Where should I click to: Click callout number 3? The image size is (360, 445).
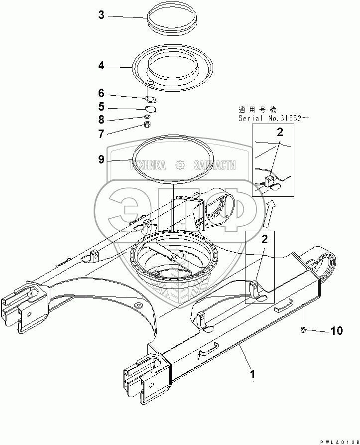coord(101,15)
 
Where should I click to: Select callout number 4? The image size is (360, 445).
coord(101,65)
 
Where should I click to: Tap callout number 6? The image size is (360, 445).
coord(101,93)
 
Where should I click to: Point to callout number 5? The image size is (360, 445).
coord(101,106)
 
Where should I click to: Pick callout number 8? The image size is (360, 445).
coord(101,120)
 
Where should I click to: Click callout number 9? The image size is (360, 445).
coord(101,159)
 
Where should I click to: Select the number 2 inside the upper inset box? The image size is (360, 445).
coord(280,132)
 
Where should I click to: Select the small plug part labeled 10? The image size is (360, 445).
coord(303,328)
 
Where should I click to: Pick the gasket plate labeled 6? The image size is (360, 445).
coord(150,98)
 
